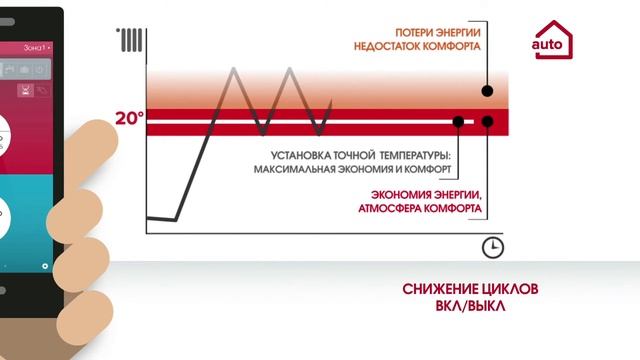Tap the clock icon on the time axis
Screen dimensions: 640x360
click(x=492, y=246)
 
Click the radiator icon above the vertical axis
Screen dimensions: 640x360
click(x=132, y=41)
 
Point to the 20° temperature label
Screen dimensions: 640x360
click(x=129, y=119)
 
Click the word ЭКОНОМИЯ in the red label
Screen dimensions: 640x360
click(x=395, y=194)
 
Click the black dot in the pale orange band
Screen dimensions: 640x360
click(x=487, y=91)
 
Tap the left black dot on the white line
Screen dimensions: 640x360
click(x=458, y=122)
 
